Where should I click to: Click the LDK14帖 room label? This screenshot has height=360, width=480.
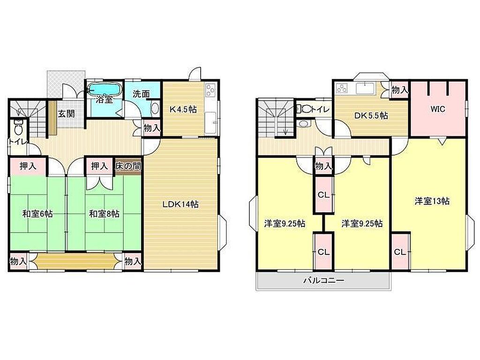click(180, 204)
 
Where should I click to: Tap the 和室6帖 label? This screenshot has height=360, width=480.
click(37, 214)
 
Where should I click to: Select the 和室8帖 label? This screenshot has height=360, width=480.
click(104, 214)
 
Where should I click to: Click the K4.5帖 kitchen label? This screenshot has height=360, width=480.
click(183, 109)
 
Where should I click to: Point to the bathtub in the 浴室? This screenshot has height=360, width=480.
click(104, 89)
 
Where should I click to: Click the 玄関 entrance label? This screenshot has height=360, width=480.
click(66, 114)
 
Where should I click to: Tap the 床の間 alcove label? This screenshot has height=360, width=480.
click(128, 166)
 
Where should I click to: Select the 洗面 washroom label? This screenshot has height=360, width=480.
click(141, 94)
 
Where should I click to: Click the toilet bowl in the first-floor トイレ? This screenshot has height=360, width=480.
click(18, 129)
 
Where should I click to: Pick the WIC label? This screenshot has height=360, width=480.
click(437, 109)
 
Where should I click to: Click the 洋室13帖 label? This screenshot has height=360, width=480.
click(432, 201)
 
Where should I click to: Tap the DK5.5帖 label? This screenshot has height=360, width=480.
click(371, 116)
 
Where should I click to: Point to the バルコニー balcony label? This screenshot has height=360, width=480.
click(323, 280)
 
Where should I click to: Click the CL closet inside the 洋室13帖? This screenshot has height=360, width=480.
click(400, 252)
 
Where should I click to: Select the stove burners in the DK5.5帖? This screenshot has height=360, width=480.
click(342, 89)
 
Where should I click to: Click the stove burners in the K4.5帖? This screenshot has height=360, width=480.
click(210, 91)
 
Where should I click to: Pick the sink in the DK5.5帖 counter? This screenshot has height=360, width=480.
click(365, 88)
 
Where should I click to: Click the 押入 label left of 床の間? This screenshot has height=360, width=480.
click(99, 166)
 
